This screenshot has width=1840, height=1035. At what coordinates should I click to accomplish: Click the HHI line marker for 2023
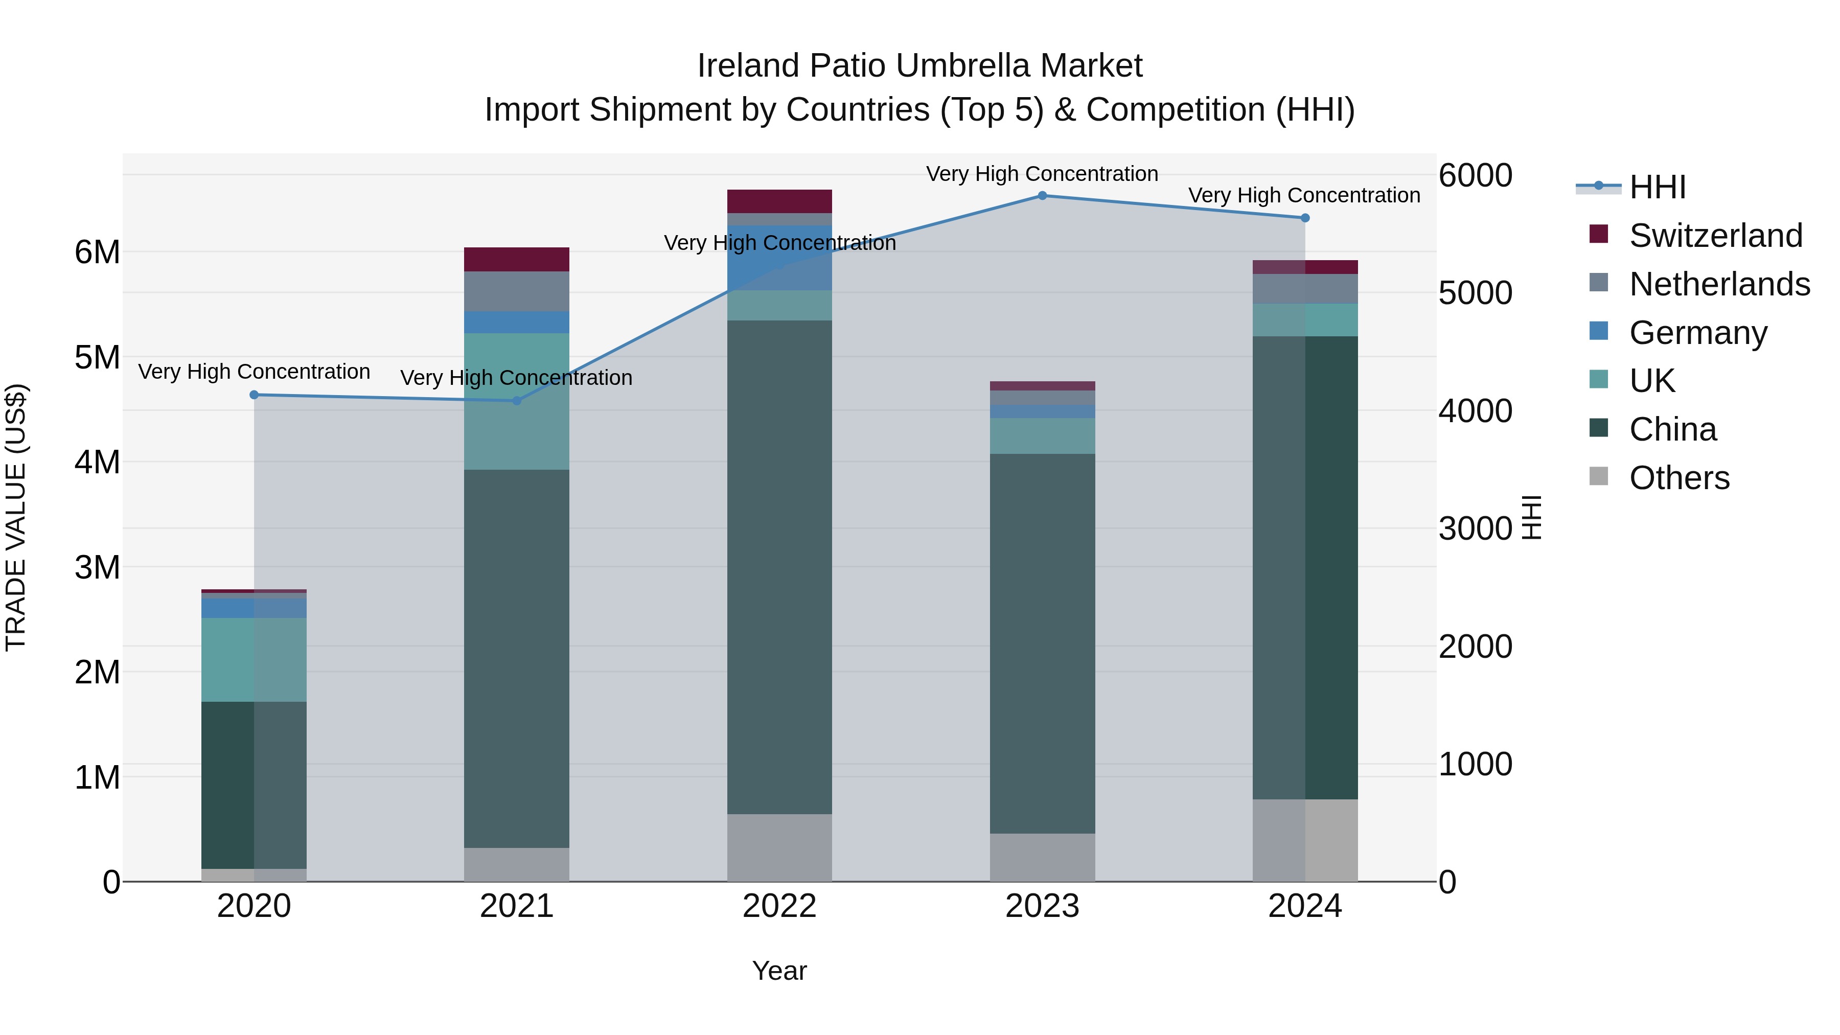1042,196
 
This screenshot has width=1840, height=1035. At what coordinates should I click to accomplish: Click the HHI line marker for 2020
255,395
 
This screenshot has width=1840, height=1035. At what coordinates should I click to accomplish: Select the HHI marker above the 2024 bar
1305,218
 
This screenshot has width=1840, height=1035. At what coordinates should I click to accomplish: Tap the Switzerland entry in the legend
1715,236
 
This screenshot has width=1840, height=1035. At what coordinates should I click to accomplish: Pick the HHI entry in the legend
1657,187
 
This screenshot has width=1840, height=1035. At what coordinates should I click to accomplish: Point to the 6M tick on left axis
97,252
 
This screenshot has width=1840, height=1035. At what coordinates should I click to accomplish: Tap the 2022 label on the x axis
779,906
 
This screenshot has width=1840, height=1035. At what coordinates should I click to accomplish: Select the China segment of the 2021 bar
516,657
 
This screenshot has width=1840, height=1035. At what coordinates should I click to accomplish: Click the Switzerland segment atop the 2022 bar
779,201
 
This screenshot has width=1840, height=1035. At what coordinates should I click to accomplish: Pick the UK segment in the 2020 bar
255,659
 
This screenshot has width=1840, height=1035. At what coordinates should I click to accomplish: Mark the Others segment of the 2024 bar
1305,840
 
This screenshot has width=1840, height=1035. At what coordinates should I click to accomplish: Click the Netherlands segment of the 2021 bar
516,291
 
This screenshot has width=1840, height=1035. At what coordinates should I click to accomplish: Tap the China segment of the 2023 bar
1042,643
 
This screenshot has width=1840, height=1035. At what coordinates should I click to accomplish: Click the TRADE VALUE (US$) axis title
16,517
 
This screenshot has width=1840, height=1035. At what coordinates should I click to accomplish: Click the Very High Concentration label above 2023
1042,174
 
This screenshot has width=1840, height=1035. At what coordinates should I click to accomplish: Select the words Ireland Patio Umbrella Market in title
919,66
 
